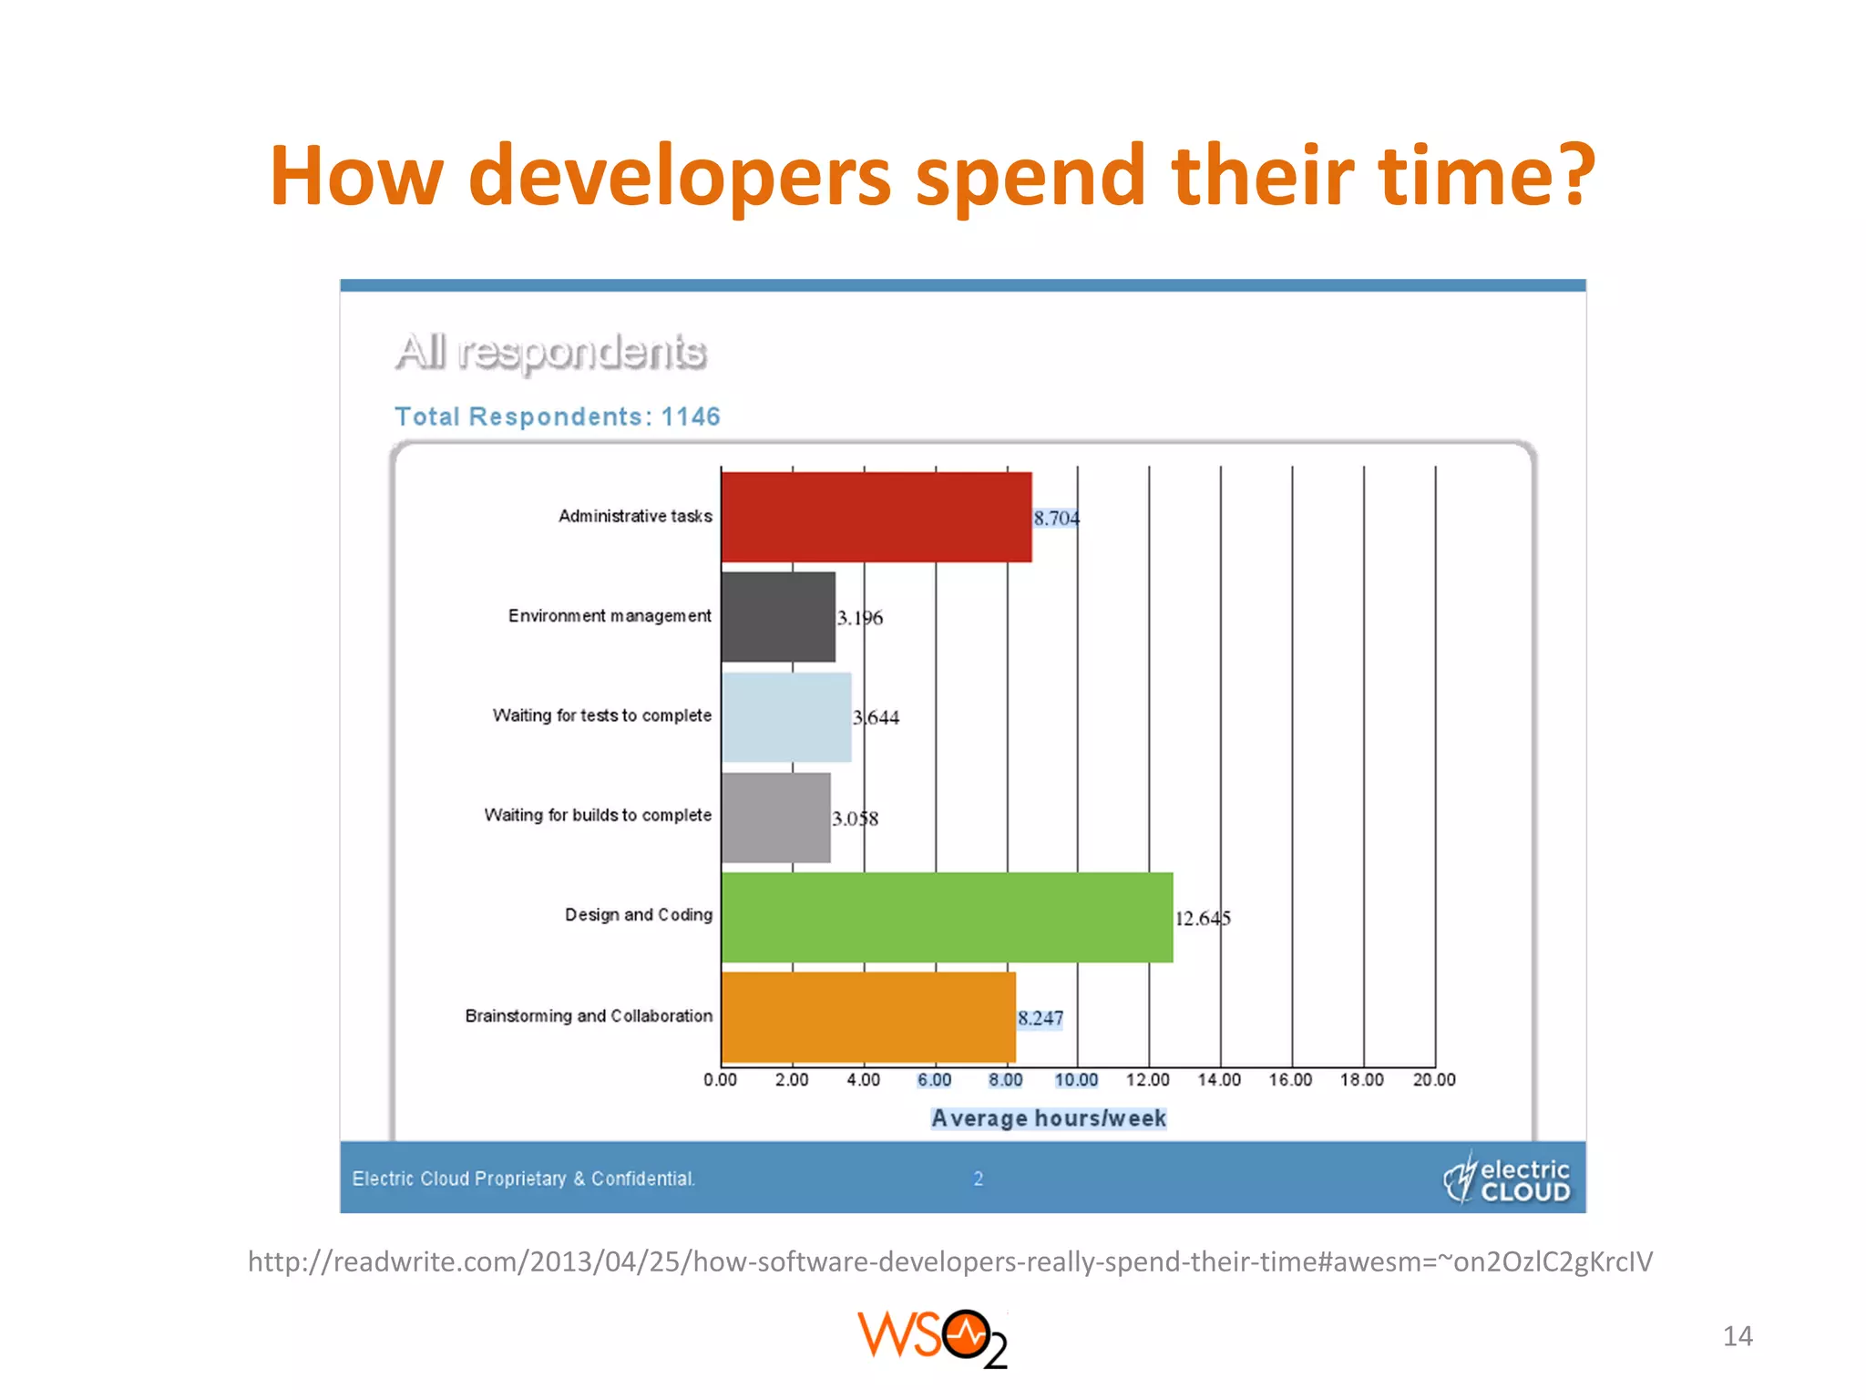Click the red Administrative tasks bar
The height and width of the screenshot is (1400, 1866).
pos(876,517)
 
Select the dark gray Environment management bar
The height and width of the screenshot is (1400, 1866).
pos(777,617)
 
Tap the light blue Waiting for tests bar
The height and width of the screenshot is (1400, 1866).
pos(786,717)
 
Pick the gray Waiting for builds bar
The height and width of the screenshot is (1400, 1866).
pos(775,818)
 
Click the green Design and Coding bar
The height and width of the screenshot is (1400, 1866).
pos(947,917)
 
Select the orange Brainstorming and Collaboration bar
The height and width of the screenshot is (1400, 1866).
pos(867,1017)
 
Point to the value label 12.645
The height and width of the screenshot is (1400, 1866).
pos(1202,918)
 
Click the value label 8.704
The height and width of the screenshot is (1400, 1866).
pos(1056,518)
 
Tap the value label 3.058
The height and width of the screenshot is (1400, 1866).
pos(855,818)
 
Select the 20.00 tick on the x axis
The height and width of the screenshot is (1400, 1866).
pos(1434,1080)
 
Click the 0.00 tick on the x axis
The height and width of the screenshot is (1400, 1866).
pos(720,1080)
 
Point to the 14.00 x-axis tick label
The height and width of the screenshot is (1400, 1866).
pos(1219,1080)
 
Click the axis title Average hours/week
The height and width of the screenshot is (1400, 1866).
pos(1048,1118)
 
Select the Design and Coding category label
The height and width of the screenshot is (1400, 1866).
pos(638,914)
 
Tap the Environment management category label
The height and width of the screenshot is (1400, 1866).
pos(610,616)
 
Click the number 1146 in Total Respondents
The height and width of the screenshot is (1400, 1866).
pos(691,417)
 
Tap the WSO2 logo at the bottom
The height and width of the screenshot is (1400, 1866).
pos(932,1338)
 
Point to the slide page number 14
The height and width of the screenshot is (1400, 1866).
pos(1738,1336)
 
